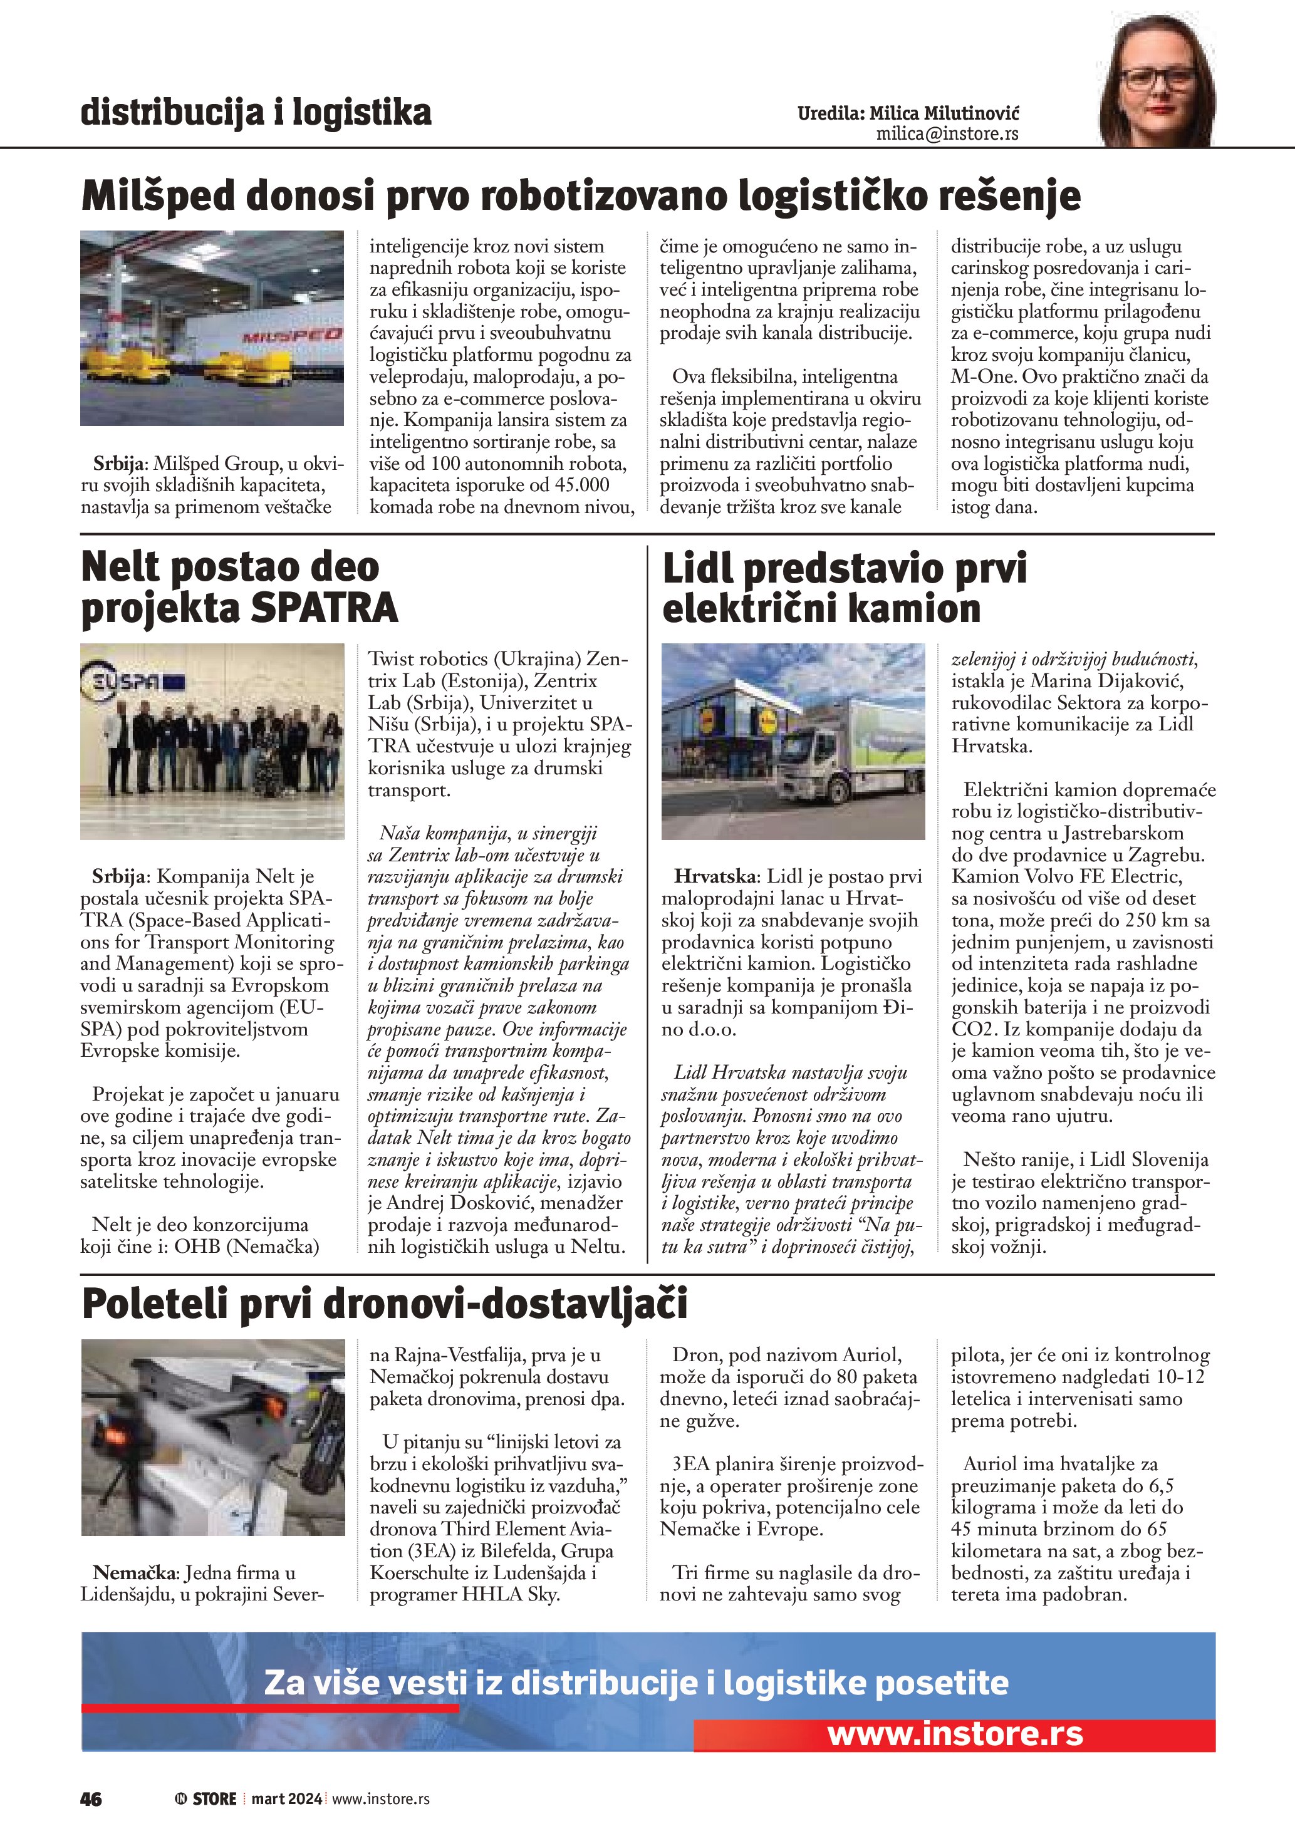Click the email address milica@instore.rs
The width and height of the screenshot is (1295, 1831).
click(947, 134)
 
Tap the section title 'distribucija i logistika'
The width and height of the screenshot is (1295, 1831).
click(256, 113)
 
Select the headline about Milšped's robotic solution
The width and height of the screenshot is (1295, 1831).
click(581, 196)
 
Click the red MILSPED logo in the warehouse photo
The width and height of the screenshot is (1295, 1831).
click(292, 335)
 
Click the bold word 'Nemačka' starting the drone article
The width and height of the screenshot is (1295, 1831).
click(133, 1573)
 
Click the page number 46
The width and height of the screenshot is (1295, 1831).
click(91, 1798)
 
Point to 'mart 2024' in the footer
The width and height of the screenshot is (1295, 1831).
click(286, 1798)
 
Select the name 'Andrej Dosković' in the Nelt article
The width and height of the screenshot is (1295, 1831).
click(454, 1203)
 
